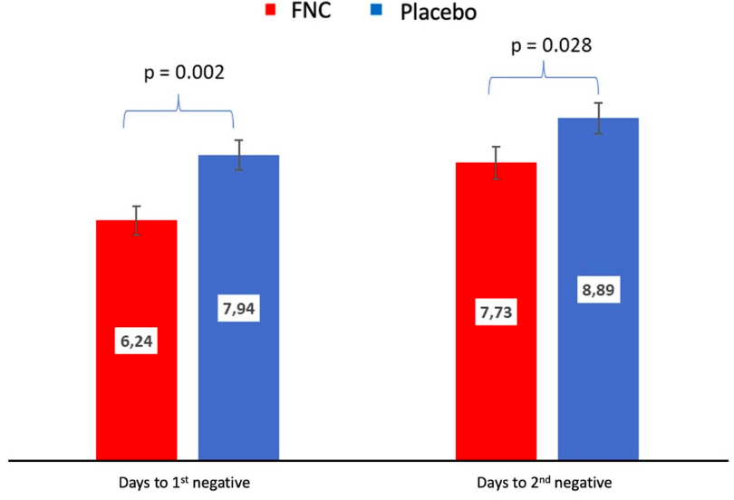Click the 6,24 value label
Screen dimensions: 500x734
[x=136, y=344]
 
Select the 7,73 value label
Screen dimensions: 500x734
[x=497, y=312]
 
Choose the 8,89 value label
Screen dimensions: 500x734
[x=598, y=292]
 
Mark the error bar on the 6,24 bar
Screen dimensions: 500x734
[x=136, y=220]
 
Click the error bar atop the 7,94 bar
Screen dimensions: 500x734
[x=239, y=155]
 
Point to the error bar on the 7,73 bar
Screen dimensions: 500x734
[x=497, y=163]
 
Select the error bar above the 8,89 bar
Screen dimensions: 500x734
[x=598, y=118]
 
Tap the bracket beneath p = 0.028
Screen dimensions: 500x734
[x=544, y=78]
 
